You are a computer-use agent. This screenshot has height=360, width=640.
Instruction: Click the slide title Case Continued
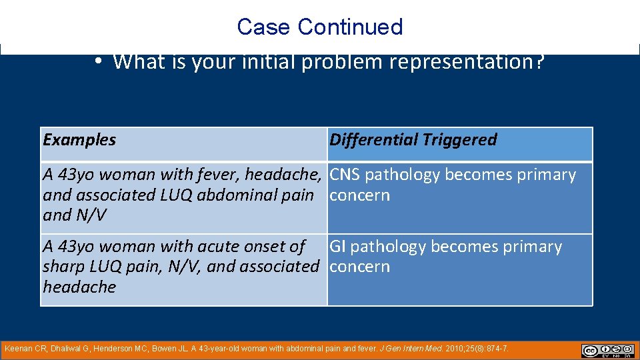pos(319,27)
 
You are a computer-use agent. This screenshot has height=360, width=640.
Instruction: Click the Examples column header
pos(79,140)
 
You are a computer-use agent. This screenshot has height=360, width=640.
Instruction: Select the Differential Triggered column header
pos(413,140)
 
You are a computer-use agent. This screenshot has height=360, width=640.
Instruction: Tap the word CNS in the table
pos(345,175)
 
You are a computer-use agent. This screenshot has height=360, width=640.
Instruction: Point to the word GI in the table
pos(337,247)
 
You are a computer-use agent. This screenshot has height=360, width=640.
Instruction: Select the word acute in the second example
pos(187,247)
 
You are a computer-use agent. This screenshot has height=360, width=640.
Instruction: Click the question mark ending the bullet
pos(540,62)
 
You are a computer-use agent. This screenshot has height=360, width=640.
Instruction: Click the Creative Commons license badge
pos(607,351)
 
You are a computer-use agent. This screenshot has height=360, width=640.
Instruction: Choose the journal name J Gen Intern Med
pos(405,349)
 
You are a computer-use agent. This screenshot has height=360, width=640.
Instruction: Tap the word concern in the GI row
pos(360,267)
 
